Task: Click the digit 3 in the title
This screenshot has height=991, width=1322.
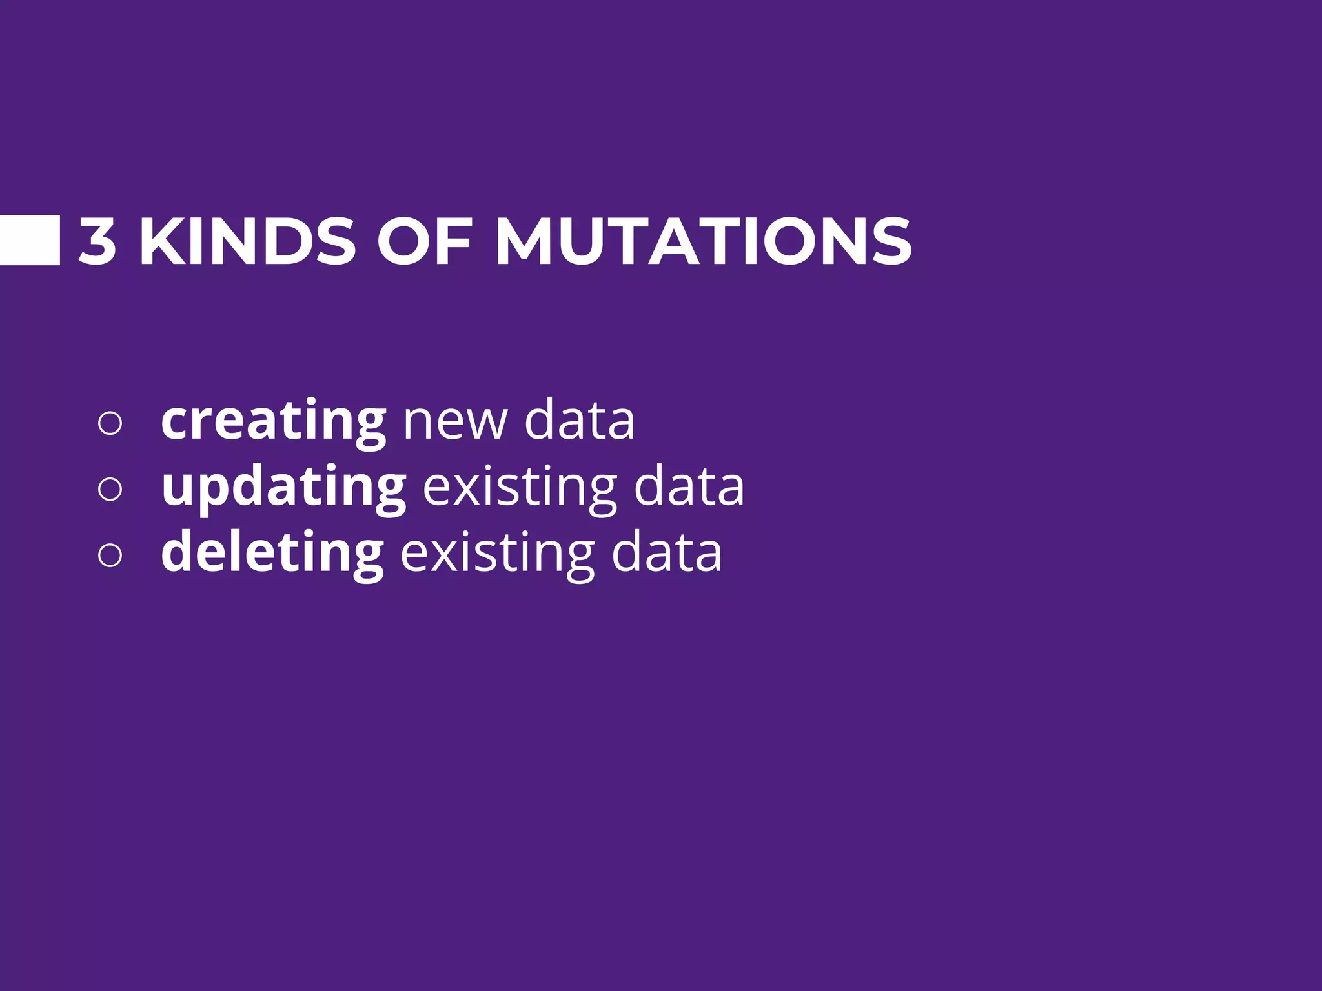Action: [x=97, y=241]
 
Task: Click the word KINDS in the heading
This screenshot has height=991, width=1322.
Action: [x=248, y=241]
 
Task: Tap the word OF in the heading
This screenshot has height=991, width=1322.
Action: [x=425, y=241]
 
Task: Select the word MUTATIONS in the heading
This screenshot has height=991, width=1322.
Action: [x=703, y=241]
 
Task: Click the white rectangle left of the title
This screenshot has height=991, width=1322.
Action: [x=30, y=241]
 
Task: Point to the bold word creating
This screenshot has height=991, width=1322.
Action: [x=273, y=421]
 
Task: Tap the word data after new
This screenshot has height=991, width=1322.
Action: [x=579, y=420]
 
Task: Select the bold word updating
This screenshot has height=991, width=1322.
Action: [x=283, y=488]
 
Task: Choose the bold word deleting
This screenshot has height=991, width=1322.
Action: [x=272, y=552]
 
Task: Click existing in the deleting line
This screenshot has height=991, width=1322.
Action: [x=497, y=554]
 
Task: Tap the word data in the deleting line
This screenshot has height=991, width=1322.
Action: [x=666, y=552]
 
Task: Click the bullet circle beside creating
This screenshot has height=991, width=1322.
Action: [x=110, y=423]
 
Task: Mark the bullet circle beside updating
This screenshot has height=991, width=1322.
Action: [x=110, y=488]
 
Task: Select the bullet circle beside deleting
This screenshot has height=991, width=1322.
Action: [x=110, y=555]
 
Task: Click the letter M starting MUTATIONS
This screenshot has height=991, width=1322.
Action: [x=524, y=241]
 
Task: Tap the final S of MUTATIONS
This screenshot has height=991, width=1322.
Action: [x=891, y=241]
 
